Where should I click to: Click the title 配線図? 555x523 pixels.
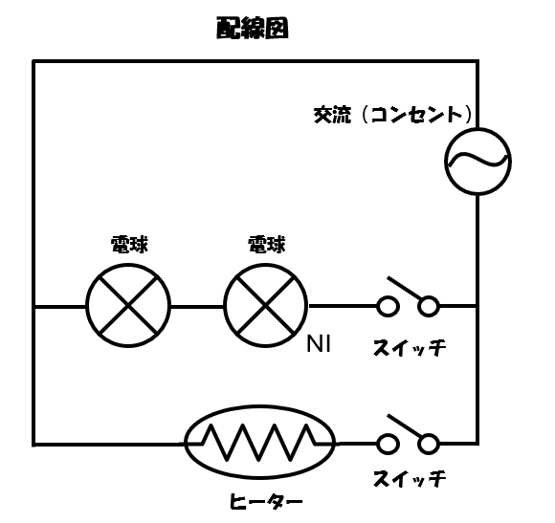point(253,28)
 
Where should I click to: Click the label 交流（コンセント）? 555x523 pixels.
point(393,115)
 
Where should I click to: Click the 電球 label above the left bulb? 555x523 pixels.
point(129,245)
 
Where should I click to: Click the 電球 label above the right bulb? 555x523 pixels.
point(266,245)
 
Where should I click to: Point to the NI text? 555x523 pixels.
point(319,343)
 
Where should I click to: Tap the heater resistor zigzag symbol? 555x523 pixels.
point(259,443)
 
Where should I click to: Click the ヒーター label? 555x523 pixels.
point(266,501)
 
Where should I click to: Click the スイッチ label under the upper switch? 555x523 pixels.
point(410,348)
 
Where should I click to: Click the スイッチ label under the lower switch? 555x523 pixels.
point(410,478)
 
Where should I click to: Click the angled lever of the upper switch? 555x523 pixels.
point(407,288)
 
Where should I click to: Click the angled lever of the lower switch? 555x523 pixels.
point(407,426)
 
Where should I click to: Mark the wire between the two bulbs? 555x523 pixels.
point(197,306)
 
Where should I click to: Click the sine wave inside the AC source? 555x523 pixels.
point(477,161)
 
